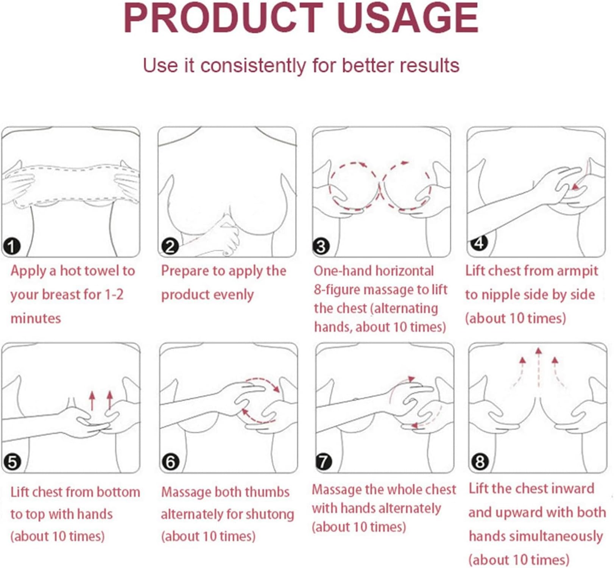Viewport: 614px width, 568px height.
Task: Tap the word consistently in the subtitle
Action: coord(253,66)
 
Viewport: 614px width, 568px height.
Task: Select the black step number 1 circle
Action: coord(11,247)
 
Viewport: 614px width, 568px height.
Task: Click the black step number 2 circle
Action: coord(170,247)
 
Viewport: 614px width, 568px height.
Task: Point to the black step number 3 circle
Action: coord(321,247)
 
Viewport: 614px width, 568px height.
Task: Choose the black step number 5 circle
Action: coord(12,462)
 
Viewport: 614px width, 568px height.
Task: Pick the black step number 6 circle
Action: coord(170,462)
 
